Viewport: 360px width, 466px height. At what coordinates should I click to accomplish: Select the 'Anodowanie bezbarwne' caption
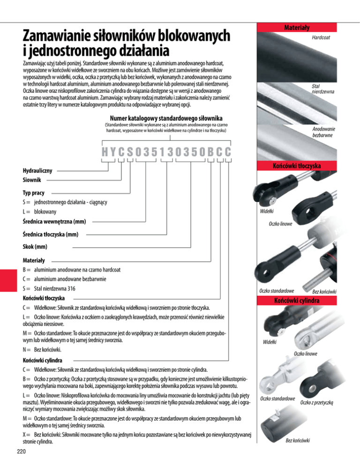323,133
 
